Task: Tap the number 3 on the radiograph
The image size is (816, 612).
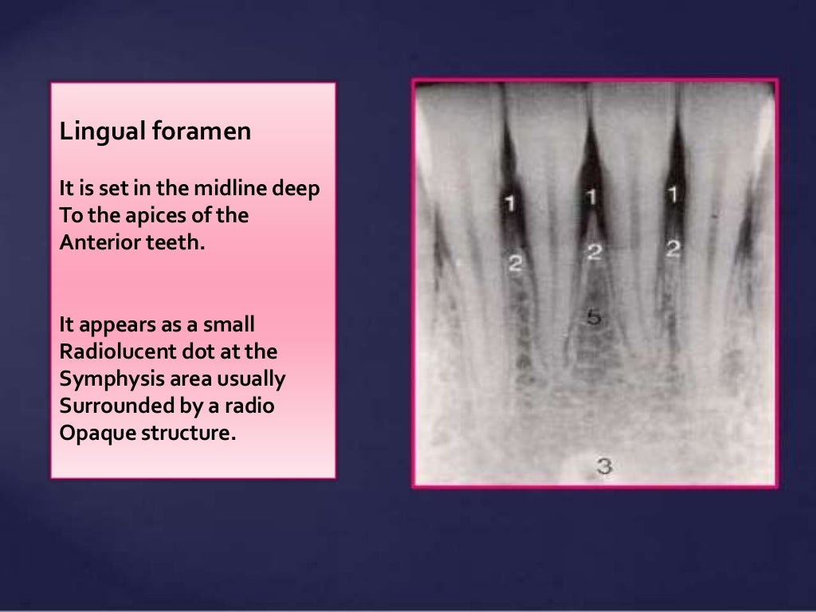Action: click(604, 466)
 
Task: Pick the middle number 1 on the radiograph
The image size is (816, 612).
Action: click(591, 195)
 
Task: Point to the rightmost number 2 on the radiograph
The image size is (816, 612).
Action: click(673, 249)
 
